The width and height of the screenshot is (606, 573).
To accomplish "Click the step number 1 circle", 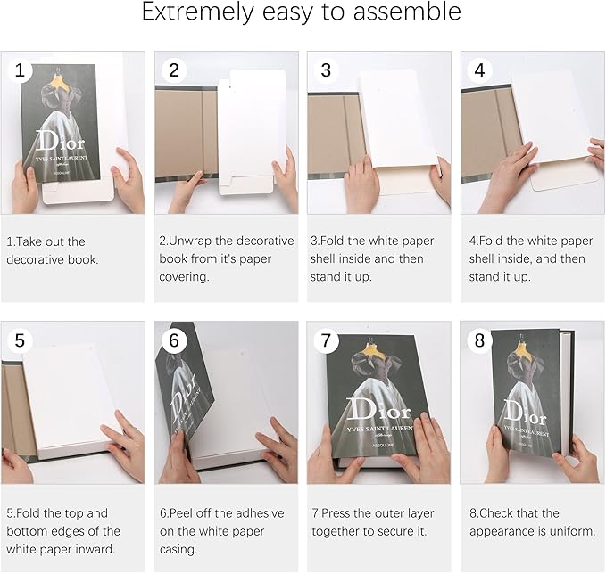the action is coord(20,70).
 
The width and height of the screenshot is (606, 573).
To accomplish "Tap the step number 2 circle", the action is coord(174,70).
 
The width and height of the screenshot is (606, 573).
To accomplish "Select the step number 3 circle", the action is coord(326,70).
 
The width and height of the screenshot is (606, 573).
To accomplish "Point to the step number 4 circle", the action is coord(479,70).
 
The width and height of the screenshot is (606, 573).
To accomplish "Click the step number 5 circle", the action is coord(20,340).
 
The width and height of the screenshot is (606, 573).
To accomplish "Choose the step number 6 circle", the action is coord(174,340).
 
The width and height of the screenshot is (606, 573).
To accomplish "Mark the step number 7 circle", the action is coord(326,340).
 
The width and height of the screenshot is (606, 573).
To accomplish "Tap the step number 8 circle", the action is coord(479,340).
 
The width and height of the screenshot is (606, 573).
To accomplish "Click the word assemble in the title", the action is coord(407,12).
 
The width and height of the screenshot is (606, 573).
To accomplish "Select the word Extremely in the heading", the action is coord(198,12).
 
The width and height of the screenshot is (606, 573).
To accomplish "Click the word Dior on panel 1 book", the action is coord(60,141).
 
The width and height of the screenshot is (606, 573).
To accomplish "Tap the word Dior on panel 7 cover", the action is coord(378,409).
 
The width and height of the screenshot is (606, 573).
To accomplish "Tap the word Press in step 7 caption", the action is coord(336,513).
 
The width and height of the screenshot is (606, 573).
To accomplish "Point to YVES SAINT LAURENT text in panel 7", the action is coord(380,430).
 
